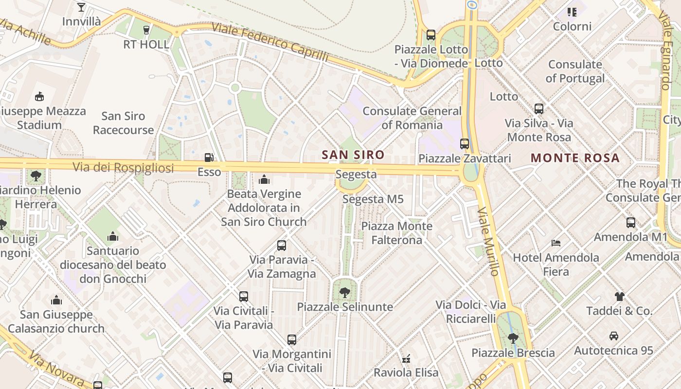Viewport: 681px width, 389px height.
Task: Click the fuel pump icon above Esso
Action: click(x=209, y=157)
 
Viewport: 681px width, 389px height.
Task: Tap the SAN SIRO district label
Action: click(x=353, y=155)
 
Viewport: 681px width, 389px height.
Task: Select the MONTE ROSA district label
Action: click(x=575, y=158)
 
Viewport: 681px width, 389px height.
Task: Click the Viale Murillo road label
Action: click(x=488, y=241)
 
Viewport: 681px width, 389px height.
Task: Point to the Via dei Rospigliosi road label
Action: click(x=123, y=168)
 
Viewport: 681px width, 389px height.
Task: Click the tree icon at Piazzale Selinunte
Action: click(x=345, y=293)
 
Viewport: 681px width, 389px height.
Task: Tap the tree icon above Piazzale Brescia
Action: click(x=513, y=338)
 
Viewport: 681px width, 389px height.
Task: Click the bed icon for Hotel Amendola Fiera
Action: click(x=556, y=243)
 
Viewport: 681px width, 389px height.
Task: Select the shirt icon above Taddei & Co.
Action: click(x=619, y=296)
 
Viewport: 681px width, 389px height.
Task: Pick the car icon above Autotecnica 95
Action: click(x=613, y=336)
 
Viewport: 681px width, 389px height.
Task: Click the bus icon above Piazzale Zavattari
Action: click(x=465, y=143)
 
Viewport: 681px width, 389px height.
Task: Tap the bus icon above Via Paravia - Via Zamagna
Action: click(x=282, y=245)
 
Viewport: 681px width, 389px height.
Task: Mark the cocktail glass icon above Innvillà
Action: click(x=81, y=7)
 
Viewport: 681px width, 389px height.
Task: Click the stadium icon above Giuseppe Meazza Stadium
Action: click(x=39, y=97)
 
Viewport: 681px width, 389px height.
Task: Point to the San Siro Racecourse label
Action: click(x=124, y=123)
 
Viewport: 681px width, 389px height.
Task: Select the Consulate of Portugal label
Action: click(x=575, y=71)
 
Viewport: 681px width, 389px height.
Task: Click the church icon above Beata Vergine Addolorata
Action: click(x=264, y=179)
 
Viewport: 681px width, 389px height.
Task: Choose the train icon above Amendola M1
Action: click(x=631, y=222)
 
